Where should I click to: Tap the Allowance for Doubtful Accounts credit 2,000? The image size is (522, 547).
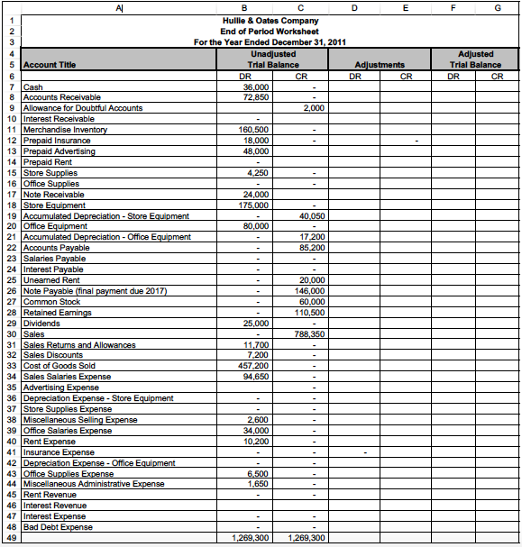313,108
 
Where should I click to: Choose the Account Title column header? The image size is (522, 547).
50,65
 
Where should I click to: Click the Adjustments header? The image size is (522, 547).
380,65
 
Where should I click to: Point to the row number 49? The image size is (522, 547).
10,538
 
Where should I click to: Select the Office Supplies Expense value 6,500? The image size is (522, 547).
258,473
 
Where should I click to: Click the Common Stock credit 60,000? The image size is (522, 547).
312,302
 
